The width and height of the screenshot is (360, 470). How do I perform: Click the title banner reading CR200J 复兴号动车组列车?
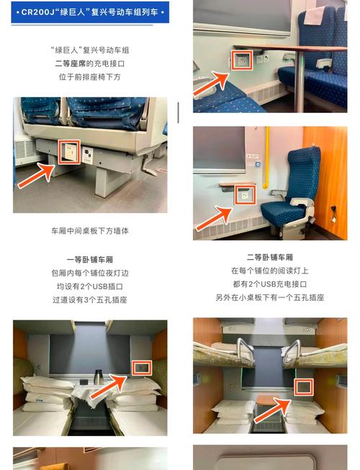click(x=90, y=13)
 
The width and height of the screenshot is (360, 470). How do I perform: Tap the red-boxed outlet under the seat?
click(x=69, y=153)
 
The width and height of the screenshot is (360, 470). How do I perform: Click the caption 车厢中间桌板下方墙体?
click(x=90, y=231)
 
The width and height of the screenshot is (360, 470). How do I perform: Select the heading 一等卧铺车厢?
click(x=90, y=259)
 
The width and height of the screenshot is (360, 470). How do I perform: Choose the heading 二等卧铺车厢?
click(x=270, y=257)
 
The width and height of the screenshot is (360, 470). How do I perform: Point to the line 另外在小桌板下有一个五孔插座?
click(x=270, y=297)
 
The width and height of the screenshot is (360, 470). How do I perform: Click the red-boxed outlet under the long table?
click(x=239, y=60)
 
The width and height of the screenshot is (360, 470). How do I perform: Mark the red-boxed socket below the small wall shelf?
click(x=246, y=195)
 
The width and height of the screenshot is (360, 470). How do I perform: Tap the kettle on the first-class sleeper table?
click(x=97, y=377)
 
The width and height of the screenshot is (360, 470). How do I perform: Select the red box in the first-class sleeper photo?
click(x=142, y=369)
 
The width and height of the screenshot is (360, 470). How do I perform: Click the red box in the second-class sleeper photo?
click(x=305, y=387)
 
